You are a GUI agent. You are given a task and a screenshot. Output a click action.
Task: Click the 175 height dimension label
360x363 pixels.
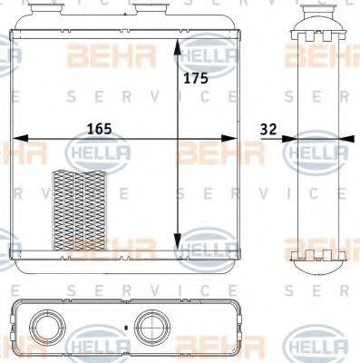196,78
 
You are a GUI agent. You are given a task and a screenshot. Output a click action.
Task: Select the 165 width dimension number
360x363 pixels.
99,129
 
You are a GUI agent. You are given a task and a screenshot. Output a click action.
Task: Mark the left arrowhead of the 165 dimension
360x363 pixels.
18,140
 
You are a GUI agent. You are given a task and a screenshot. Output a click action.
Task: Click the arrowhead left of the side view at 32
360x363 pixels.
287,140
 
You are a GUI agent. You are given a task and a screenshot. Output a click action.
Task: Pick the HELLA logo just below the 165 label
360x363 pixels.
106,153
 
